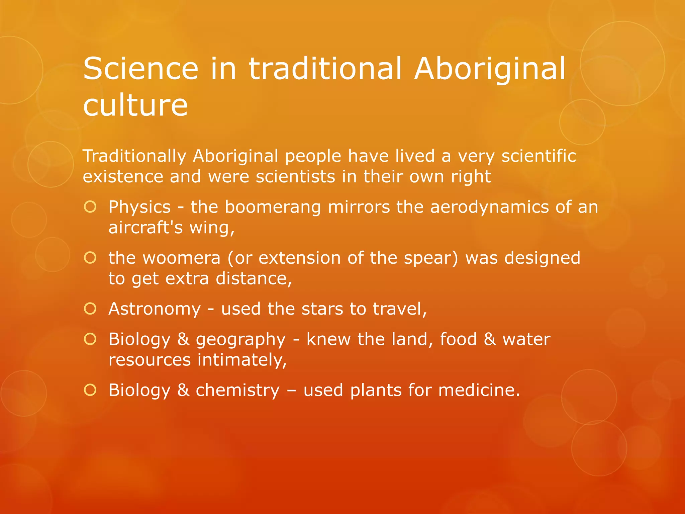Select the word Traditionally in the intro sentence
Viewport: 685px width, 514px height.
[134, 156]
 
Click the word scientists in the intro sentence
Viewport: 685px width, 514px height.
[295, 176]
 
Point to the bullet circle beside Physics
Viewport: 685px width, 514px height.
[90, 207]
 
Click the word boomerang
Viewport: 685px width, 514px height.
[273, 207]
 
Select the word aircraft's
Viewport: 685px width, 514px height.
[145, 228]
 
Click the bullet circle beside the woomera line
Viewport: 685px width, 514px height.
[90, 258]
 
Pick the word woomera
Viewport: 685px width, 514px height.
[182, 258]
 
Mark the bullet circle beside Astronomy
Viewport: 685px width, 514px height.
[90, 309]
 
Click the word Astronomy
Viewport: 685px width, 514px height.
[155, 309]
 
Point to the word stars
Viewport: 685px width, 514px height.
[322, 309]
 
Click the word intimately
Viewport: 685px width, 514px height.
[242, 360]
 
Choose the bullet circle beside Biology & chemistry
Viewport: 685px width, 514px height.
[90, 390]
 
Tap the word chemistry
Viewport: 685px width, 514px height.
[237, 391]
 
